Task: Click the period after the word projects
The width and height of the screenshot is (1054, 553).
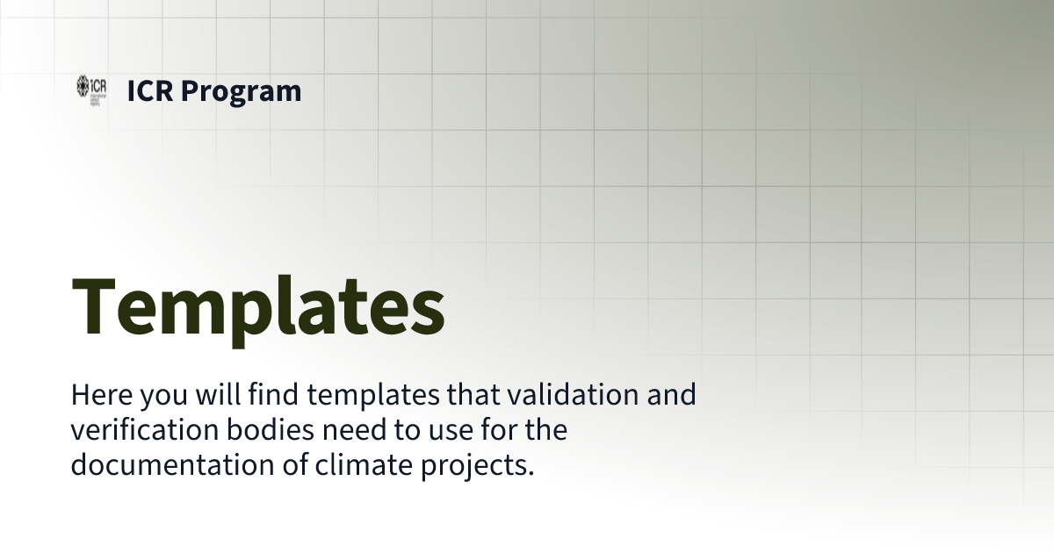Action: point(531,472)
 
